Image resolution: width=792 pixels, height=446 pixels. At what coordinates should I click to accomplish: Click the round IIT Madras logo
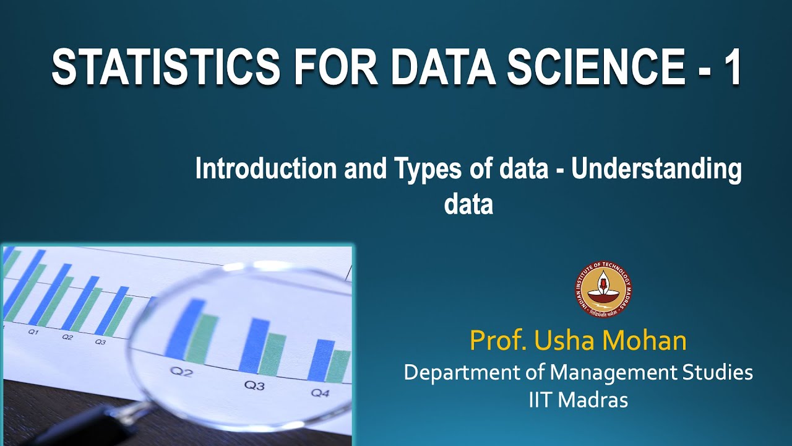point(603,290)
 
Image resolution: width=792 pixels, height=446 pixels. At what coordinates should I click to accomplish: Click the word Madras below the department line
point(594,400)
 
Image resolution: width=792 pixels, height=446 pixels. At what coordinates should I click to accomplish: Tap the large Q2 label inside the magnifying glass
point(182,372)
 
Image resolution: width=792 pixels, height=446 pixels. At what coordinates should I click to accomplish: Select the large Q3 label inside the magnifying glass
point(254,385)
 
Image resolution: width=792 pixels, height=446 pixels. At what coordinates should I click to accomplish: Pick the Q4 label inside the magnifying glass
point(320,393)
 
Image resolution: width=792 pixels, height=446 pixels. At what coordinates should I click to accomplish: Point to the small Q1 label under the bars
point(33,332)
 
